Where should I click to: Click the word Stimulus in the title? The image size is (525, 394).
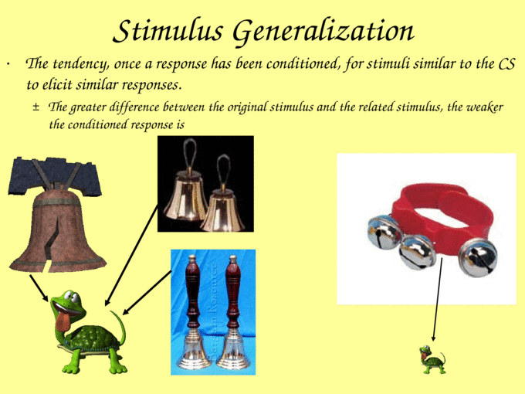coord(168,31)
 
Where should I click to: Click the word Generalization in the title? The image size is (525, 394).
coord(323,32)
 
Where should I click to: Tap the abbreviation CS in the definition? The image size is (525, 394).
coord(506,63)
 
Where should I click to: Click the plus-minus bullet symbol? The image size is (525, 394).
coord(36,107)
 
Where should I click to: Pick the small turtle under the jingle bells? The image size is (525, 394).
coord(432,359)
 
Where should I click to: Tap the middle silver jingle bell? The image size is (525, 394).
coord(416,251)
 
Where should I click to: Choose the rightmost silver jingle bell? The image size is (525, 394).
coord(478,258)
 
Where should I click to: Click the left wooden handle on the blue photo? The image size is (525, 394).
coord(192,291)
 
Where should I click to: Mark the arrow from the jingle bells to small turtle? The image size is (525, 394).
coord(438,299)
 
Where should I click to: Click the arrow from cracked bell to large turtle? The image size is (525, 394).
coord(39,288)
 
